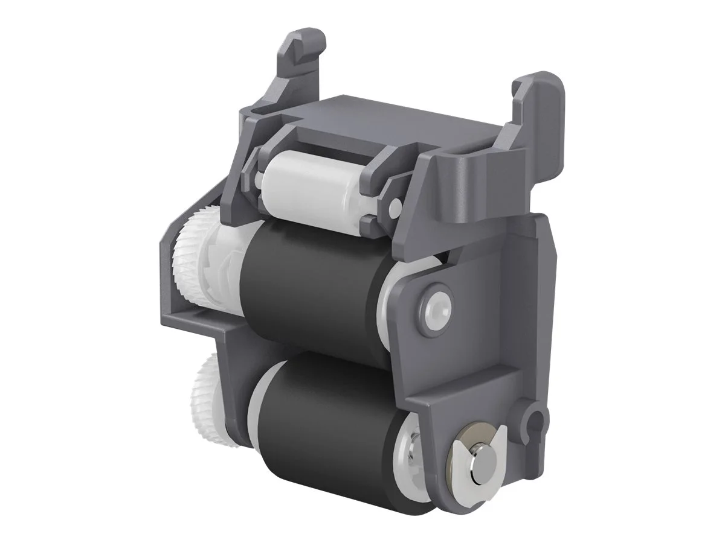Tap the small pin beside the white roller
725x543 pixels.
(394, 208)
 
